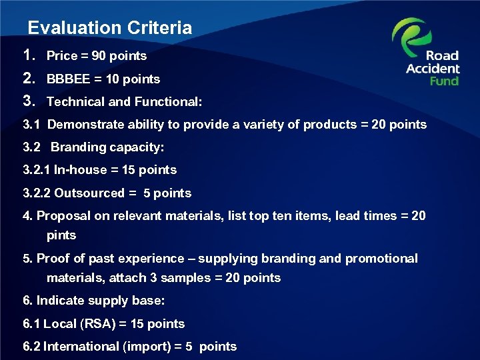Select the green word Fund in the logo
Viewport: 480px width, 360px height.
[x=443, y=80]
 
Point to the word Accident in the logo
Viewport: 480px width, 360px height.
[x=433, y=68]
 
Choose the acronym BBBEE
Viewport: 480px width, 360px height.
[x=67, y=79]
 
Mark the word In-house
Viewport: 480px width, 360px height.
[x=76, y=170]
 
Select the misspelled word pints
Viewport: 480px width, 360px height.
[x=61, y=235]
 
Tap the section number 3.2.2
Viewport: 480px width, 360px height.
[x=37, y=193]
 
